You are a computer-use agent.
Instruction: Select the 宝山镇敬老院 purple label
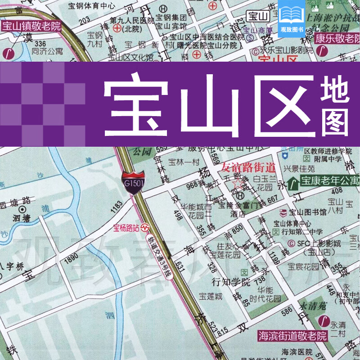coord(31,26)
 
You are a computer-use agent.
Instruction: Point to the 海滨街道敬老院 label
coord(292,335)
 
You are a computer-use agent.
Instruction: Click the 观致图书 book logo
coord(291,18)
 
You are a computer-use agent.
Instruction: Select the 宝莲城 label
coord(211,297)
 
